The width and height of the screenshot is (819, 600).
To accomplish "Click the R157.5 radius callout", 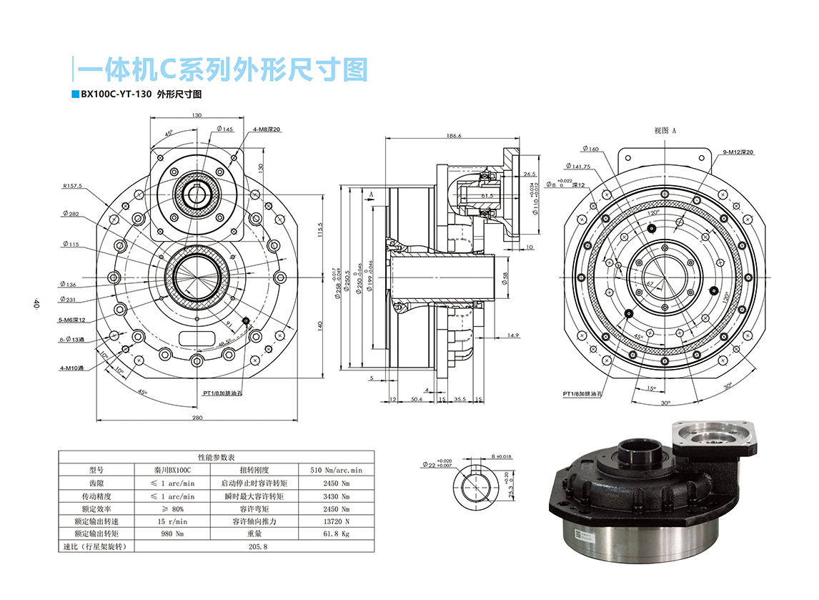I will (x=72, y=186).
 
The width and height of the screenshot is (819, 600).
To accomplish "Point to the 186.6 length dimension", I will (x=454, y=135).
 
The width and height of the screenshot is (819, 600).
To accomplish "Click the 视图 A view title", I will (x=665, y=131).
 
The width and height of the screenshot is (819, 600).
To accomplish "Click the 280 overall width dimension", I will (x=197, y=418).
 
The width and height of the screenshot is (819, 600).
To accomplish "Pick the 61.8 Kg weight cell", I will (x=336, y=534).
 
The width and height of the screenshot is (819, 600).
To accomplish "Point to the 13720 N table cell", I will (x=336, y=521).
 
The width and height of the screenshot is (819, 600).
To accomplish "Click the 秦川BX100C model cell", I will (x=173, y=471).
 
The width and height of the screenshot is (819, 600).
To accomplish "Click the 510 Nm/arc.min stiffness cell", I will (x=336, y=471).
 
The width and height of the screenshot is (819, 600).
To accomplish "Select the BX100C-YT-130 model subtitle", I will (x=115, y=94).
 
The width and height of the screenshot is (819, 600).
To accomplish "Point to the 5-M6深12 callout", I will (x=72, y=320).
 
